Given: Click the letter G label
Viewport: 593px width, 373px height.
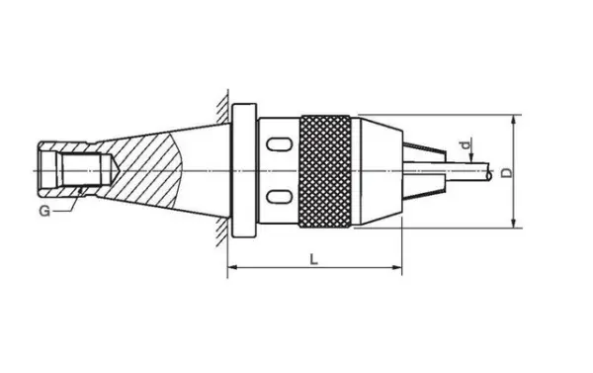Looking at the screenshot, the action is [x=44, y=211].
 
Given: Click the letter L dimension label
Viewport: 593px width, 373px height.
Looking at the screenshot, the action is [x=313, y=260].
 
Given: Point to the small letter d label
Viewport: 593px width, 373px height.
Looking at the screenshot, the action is [x=467, y=144].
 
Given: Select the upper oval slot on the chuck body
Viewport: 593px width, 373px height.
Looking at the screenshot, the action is [x=279, y=144].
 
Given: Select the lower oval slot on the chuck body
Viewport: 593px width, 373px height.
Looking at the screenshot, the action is [x=279, y=197].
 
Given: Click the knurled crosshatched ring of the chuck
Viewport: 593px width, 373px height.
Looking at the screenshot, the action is [x=325, y=171].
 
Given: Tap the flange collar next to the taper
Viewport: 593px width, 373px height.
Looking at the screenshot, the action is [x=244, y=170].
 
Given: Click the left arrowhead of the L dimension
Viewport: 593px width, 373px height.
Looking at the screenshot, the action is [x=232, y=267].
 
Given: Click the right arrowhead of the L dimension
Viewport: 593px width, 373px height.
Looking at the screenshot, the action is [x=397, y=267].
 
